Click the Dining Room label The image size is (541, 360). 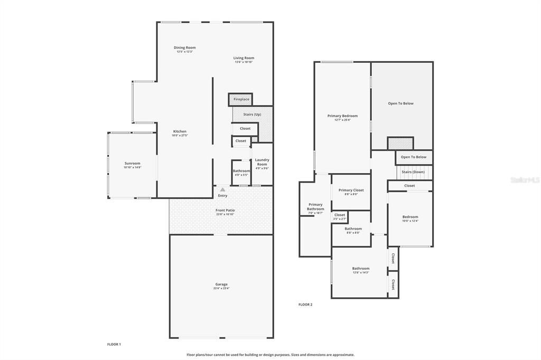pos(185,48)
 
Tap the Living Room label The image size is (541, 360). pos(244,58)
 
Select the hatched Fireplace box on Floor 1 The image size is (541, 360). pos(241,99)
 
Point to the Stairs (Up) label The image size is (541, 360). pos(251,115)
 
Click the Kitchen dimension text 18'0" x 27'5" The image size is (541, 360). pos(180,136)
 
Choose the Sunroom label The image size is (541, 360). pos(133,164)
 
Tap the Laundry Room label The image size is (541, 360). pos(262,162)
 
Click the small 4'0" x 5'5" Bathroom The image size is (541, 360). pos(241,173)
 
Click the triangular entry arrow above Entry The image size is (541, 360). pos(222,190)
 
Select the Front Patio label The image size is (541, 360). pos(225,211)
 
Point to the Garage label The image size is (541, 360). pos(221,284)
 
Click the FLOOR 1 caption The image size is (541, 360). pos(114,344)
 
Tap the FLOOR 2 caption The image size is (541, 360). pos(305,305)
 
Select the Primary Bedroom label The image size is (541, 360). pos(342,116)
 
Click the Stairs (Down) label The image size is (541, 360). pos(413,172)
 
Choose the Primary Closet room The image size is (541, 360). pos(351,192)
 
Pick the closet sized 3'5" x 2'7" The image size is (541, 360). pos(340,216)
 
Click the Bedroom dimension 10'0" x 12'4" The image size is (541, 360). pos(411,221)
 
